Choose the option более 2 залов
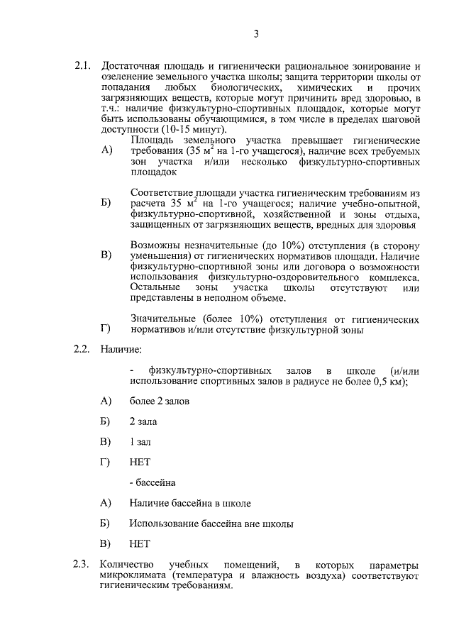tap(159, 401)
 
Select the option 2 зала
tap(143, 421)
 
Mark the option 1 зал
tap(140, 442)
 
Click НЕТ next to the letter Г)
tap(140, 463)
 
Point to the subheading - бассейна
tap(153, 482)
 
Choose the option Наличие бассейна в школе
tap(190, 503)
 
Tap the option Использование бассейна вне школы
tap(211, 524)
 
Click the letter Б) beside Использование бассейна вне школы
tap(106, 524)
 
